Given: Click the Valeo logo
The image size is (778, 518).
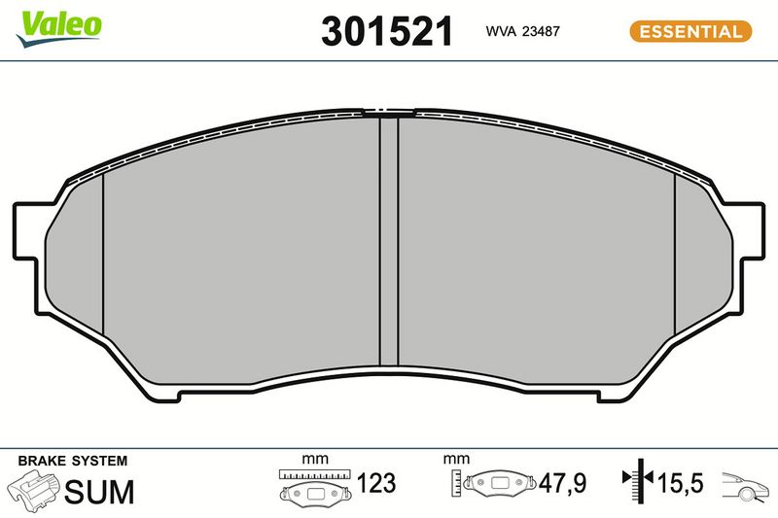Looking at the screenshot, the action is [58, 28].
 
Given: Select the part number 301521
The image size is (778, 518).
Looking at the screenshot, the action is [387, 31].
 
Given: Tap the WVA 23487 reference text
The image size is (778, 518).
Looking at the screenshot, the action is [522, 31].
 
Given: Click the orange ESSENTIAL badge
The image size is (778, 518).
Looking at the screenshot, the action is [690, 32].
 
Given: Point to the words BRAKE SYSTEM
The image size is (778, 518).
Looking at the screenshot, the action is [72, 461].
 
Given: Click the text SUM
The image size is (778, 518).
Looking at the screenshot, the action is [99, 491].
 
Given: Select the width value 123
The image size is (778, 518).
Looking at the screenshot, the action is [376, 483].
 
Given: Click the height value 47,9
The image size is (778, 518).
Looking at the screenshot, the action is [562, 483].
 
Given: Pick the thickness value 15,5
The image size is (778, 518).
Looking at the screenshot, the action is [680, 483].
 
